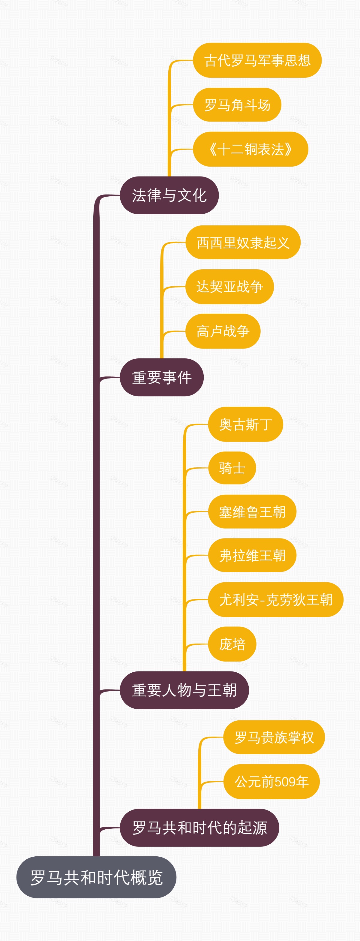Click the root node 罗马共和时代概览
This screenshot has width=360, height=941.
96,877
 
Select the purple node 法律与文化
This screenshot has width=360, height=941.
169,195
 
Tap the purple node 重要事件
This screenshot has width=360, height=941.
161,377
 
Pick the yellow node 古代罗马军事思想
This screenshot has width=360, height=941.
257,60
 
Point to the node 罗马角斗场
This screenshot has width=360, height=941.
237,105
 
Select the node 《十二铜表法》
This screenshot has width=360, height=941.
250,149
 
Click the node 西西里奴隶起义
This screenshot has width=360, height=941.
243,243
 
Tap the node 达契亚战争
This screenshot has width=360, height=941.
229,287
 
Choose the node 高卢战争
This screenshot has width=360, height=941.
223,331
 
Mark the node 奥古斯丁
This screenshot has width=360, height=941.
245,424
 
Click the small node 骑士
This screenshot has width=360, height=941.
232,468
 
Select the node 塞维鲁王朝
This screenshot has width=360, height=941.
252,512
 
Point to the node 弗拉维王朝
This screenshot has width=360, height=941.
252,555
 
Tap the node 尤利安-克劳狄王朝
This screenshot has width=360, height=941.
276,599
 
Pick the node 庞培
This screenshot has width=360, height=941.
232,644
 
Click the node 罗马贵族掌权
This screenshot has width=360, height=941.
274,737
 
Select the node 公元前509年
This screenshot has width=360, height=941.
271,781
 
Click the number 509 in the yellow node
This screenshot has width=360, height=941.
285,782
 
